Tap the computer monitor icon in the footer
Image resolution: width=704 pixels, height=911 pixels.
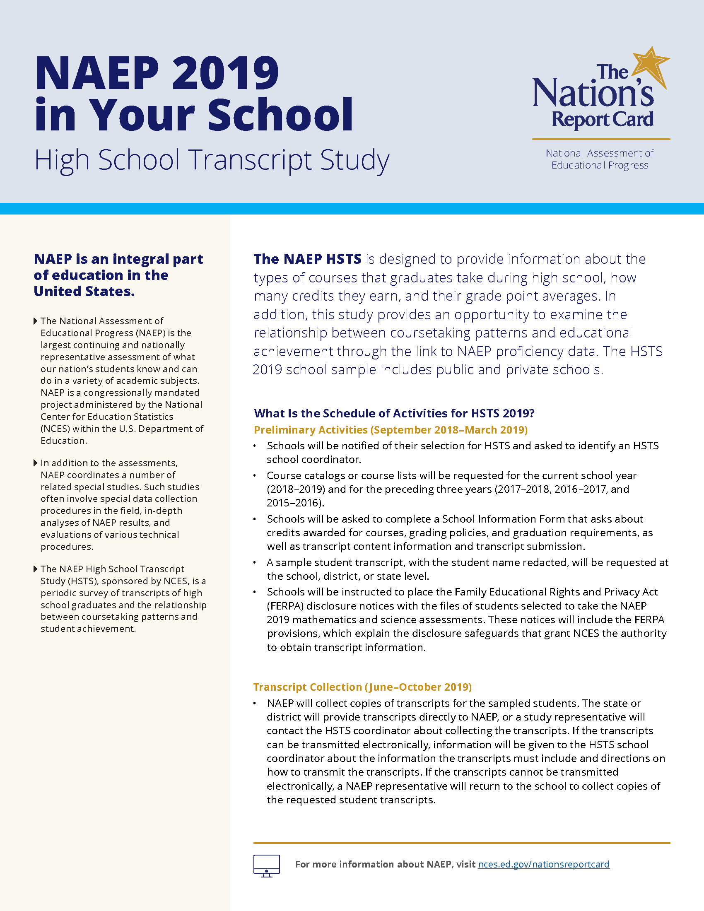tap(267, 865)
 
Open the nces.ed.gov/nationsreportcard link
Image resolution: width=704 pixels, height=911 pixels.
tap(543, 864)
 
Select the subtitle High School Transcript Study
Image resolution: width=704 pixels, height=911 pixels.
tap(212, 160)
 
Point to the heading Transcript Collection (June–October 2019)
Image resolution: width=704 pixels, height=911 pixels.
tap(362, 687)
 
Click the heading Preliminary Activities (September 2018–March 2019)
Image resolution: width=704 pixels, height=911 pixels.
tap(391, 430)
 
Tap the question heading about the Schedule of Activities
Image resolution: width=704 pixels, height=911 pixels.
tap(394, 413)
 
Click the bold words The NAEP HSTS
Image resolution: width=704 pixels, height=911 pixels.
tap(307, 259)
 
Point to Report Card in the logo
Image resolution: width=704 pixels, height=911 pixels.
tap(602, 120)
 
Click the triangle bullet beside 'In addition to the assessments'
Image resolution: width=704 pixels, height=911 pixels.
tap(36, 463)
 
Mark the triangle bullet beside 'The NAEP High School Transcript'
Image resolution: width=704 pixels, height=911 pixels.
tap(36, 569)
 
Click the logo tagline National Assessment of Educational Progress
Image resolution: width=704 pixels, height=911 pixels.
tap(599, 159)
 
